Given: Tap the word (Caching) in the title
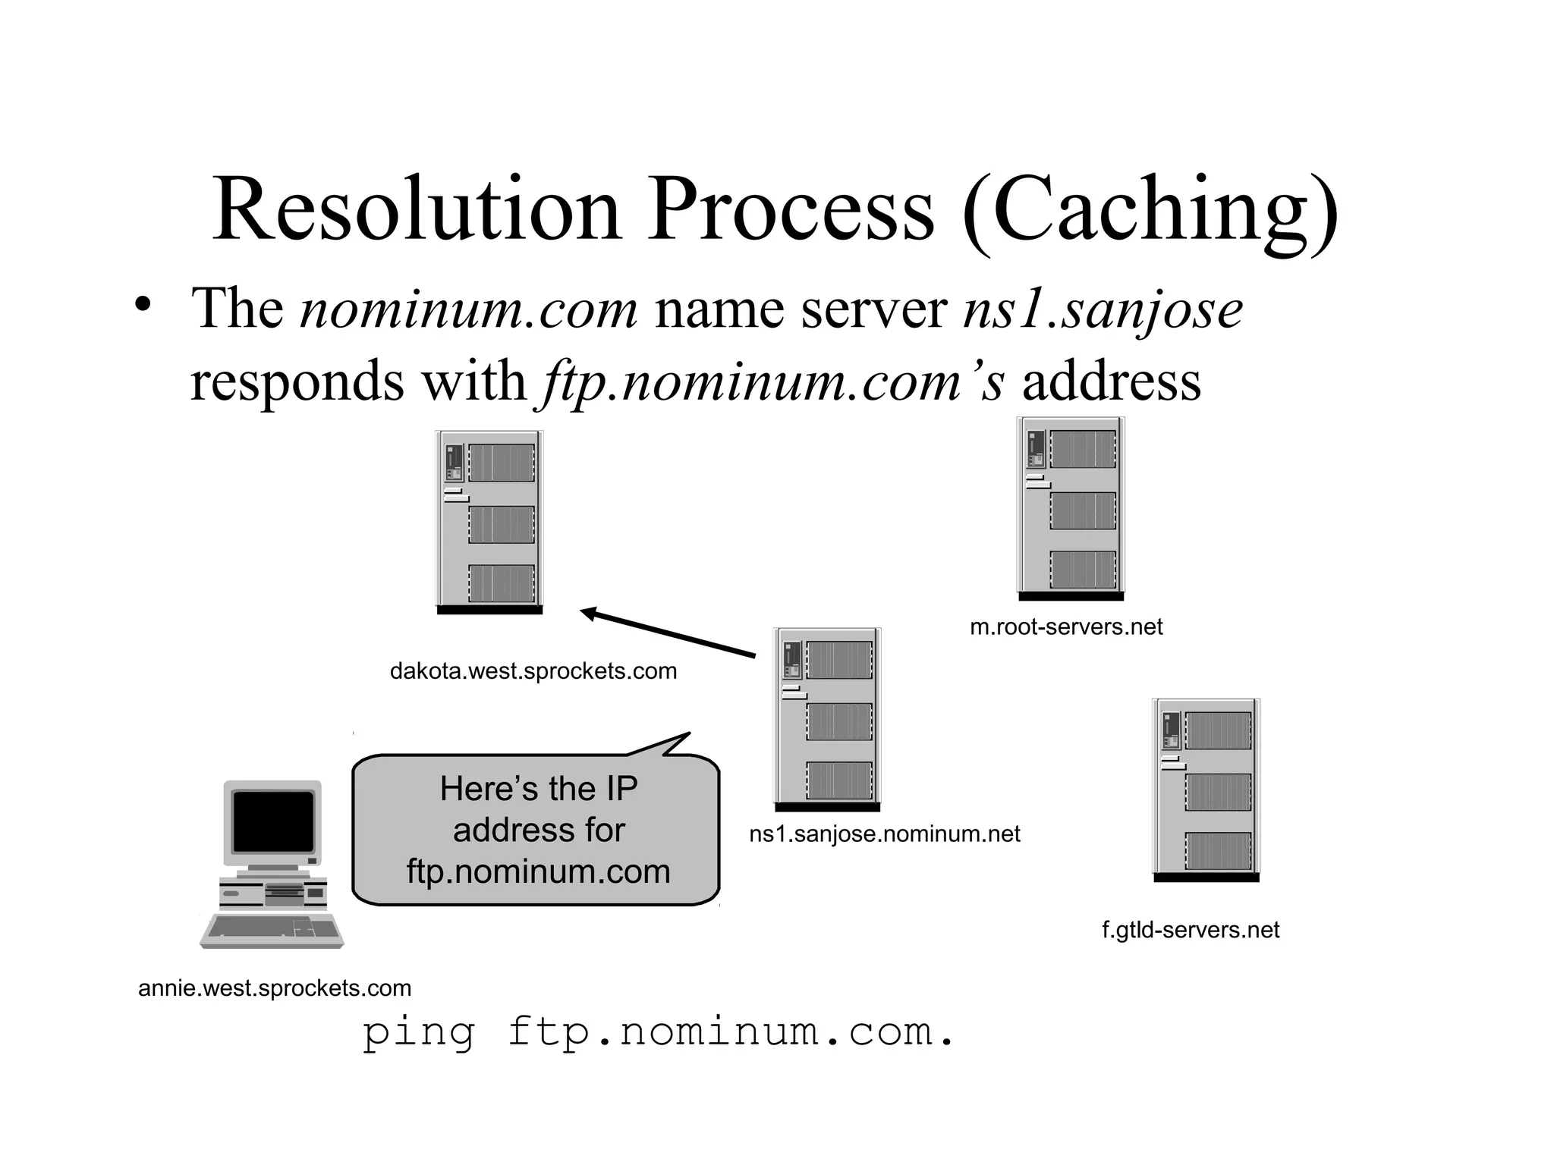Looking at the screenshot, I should [1150, 211].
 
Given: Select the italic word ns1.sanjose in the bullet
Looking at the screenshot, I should [1103, 309].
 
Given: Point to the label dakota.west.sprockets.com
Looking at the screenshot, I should [533, 671].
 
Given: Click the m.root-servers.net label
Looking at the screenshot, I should [1066, 627].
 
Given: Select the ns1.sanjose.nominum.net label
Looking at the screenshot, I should [884, 834].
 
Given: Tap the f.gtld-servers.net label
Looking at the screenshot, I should [1191, 930].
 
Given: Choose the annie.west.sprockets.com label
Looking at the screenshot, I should [275, 988].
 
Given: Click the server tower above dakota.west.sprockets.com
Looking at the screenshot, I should [489, 522].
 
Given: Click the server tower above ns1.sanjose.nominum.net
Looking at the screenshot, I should [827, 719].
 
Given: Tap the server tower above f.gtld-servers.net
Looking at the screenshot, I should [1206, 790].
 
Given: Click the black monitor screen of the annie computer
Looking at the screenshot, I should [273, 821].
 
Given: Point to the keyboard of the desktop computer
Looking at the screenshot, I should [272, 931].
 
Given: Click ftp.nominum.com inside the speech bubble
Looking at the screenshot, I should [538, 871].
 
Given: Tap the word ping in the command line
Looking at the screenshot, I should [419, 1033].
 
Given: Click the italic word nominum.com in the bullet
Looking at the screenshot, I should [469, 309].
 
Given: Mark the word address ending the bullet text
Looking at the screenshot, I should [1112, 381].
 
